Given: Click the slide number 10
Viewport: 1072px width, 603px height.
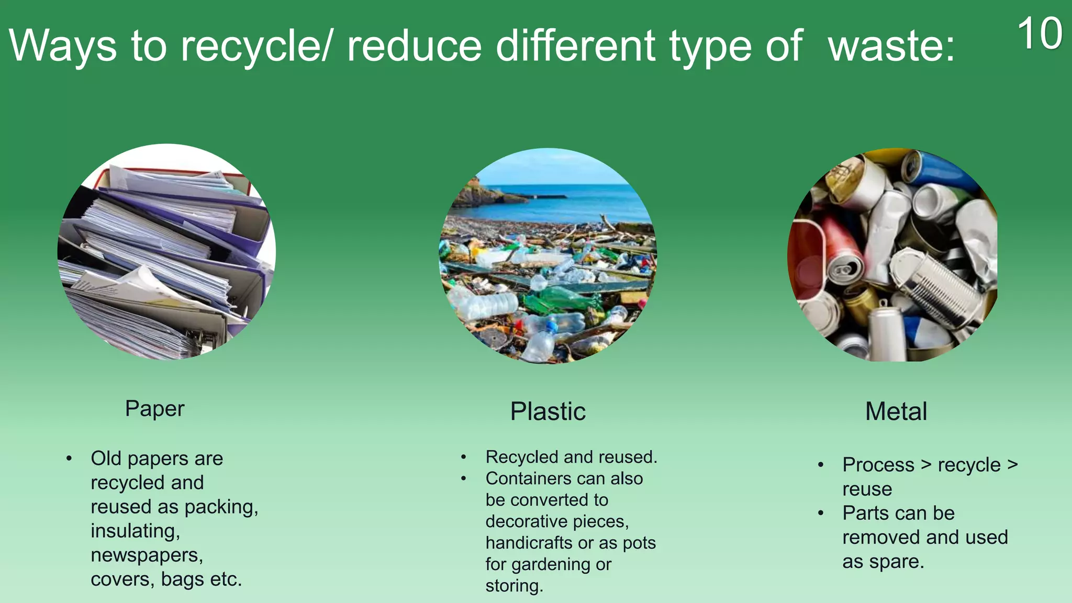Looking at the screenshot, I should coord(1040,34).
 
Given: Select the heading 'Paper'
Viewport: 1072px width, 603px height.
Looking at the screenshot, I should coord(154,408).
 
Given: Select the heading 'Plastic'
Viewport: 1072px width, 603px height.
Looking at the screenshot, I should coord(548,411).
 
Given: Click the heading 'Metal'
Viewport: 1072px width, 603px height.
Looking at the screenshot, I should coord(896,411).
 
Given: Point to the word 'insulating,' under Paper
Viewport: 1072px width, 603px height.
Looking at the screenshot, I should coord(135,531).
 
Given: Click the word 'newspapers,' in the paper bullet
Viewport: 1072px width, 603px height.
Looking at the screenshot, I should coord(147,555).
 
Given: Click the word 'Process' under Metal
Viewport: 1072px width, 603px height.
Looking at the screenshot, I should coord(878,465).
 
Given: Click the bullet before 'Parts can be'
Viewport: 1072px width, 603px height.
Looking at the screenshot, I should coord(821,513).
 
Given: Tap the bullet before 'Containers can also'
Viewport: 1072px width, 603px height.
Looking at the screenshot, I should coord(463,478).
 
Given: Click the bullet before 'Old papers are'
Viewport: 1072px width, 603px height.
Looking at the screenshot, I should coord(69,459).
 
